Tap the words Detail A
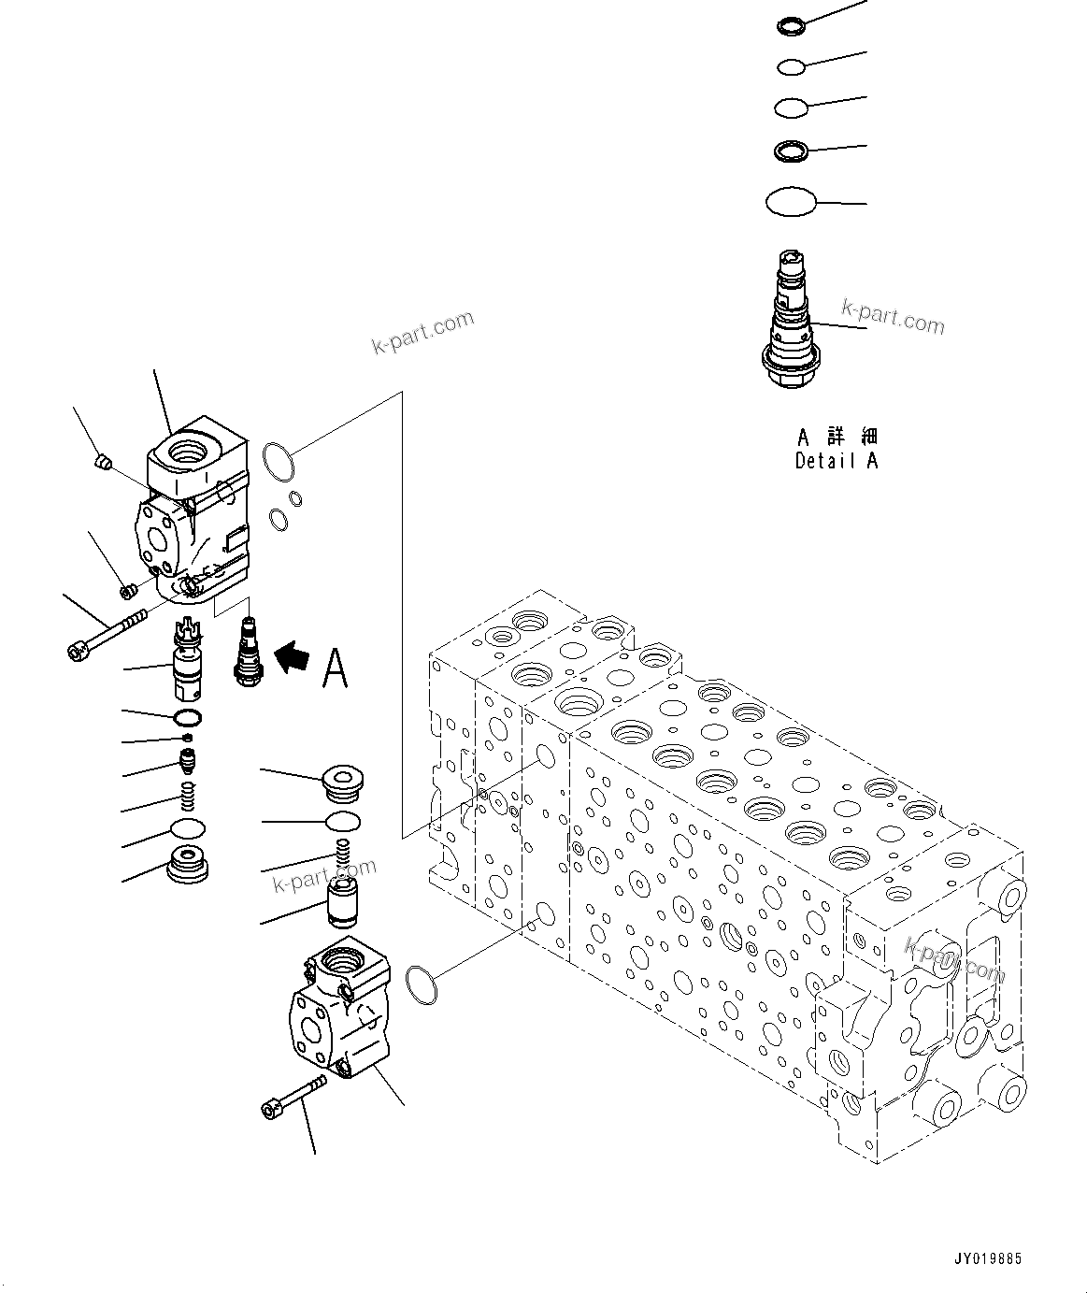click(x=837, y=460)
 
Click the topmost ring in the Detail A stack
click(x=789, y=26)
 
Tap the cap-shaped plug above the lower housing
click(x=342, y=783)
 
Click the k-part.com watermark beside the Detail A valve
click(x=893, y=317)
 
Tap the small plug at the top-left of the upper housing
click(x=105, y=460)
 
